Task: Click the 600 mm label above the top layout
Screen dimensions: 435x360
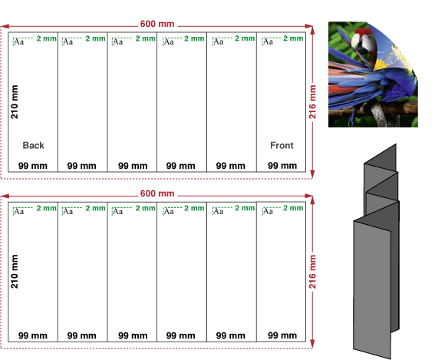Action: pos(157,24)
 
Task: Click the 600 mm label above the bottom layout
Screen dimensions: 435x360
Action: pos(157,193)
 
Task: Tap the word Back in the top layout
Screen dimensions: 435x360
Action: pos(33,145)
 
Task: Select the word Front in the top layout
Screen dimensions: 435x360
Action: pos(282,145)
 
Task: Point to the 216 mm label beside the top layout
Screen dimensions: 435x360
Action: pos(312,102)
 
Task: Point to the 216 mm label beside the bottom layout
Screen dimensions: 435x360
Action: pos(312,272)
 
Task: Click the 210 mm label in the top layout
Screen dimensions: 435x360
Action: pos(15,102)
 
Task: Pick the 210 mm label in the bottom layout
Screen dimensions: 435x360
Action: pos(15,272)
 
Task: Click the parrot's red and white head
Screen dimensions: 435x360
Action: pos(364,41)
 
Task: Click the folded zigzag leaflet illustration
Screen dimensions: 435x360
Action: pos(377,251)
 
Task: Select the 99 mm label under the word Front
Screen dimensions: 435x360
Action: pos(282,166)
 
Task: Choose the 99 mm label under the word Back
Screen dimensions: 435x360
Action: pos(33,166)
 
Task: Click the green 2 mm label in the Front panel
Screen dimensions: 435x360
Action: pos(293,38)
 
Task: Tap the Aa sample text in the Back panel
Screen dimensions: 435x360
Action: pos(18,42)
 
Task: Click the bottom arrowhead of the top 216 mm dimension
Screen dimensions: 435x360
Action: pos(313,174)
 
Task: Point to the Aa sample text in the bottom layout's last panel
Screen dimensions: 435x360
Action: pos(268,212)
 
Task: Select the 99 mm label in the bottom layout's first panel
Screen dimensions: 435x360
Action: pos(33,335)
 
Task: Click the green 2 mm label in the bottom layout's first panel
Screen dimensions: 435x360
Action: pos(46,208)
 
